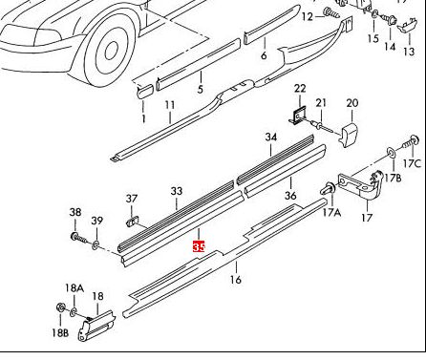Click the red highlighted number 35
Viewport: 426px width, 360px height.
click(x=199, y=246)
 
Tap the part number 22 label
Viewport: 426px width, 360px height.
click(x=300, y=89)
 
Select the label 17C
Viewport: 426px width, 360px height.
click(x=412, y=163)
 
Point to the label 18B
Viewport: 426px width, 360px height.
click(x=60, y=333)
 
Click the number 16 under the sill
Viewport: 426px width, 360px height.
click(x=236, y=280)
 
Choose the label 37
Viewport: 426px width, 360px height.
click(x=132, y=199)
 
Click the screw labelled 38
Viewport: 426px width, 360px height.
click(x=78, y=238)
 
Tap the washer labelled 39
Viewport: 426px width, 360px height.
click(x=96, y=245)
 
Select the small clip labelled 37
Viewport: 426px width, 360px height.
click(x=133, y=221)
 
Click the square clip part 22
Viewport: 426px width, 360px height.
click(x=299, y=116)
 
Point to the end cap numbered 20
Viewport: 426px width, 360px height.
click(x=350, y=134)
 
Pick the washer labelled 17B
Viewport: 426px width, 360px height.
click(x=391, y=152)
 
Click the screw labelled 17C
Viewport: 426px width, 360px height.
click(x=411, y=142)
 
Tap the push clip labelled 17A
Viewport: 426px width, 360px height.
click(x=328, y=189)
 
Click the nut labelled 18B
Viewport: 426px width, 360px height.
click(x=60, y=307)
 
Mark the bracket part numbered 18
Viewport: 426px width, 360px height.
click(x=96, y=326)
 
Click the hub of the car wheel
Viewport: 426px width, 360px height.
click(x=111, y=51)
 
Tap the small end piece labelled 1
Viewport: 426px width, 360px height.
click(x=145, y=91)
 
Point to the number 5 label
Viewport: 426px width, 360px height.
click(x=200, y=89)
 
